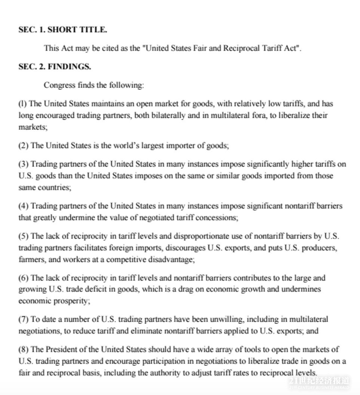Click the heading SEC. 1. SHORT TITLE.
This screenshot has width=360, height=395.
pyautogui.click(x=62, y=30)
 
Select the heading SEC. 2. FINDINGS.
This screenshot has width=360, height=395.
pyautogui.click(x=55, y=67)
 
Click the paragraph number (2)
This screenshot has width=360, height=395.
pyautogui.click(x=24, y=146)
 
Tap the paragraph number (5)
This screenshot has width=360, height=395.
pyautogui.click(x=24, y=236)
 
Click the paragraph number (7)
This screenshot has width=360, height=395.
pyautogui.click(x=24, y=319)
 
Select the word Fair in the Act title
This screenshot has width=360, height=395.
pyautogui.click(x=200, y=48)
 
